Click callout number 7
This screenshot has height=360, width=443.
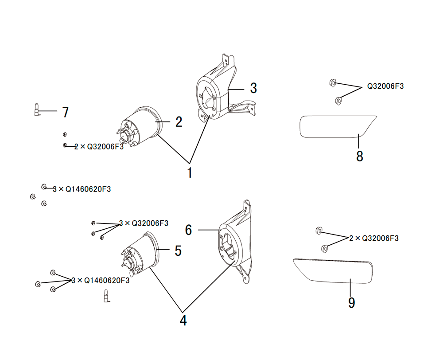[x=66, y=112]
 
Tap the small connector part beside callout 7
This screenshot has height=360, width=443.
[x=37, y=110]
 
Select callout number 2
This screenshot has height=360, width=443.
[x=179, y=122]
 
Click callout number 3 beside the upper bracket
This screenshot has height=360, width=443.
[x=253, y=88]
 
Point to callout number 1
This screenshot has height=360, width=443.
[x=190, y=172]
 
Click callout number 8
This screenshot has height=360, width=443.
[x=360, y=156]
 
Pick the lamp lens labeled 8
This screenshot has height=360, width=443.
[x=338, y=127]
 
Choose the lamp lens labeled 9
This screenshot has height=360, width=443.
[x=333, y=271]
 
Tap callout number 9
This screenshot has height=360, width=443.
[x=351, y=303]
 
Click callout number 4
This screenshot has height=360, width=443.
[x=183, y=321]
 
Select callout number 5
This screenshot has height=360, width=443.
[x=178, y=250]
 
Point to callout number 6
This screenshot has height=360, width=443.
[x=188, y=230]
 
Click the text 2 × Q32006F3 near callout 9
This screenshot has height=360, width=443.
[x=374, y=239]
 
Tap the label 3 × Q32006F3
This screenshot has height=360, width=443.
[x=144, y=223]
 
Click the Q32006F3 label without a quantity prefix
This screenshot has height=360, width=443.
[x=385, y=86]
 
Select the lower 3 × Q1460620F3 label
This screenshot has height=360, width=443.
[x=101, y=280]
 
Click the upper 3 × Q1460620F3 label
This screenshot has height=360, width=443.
[x=82, y=189]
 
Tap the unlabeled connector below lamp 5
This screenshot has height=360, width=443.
[x=107, y=296]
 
